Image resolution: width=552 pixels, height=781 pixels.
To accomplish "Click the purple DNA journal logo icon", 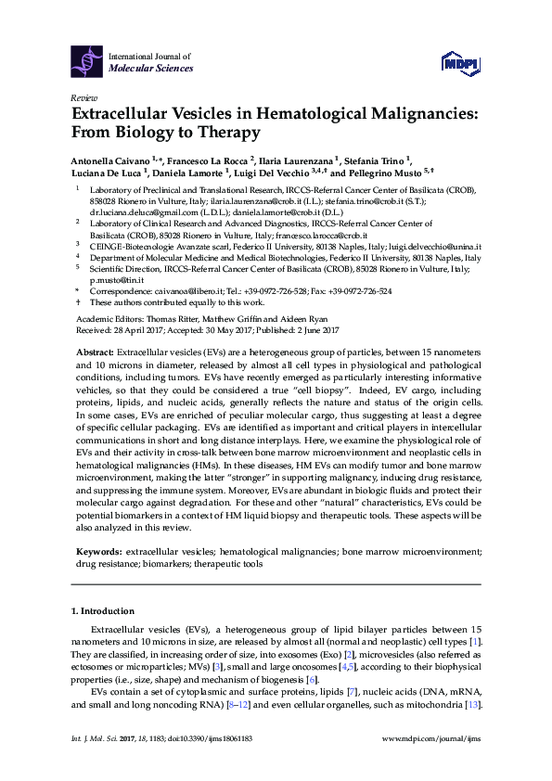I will [x=88, y=60].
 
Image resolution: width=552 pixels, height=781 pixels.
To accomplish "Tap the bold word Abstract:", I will [x=94, y=352].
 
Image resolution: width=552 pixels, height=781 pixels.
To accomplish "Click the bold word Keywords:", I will [x=99, y=550].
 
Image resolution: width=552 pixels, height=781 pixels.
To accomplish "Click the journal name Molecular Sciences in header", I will [x=151, y=68].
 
